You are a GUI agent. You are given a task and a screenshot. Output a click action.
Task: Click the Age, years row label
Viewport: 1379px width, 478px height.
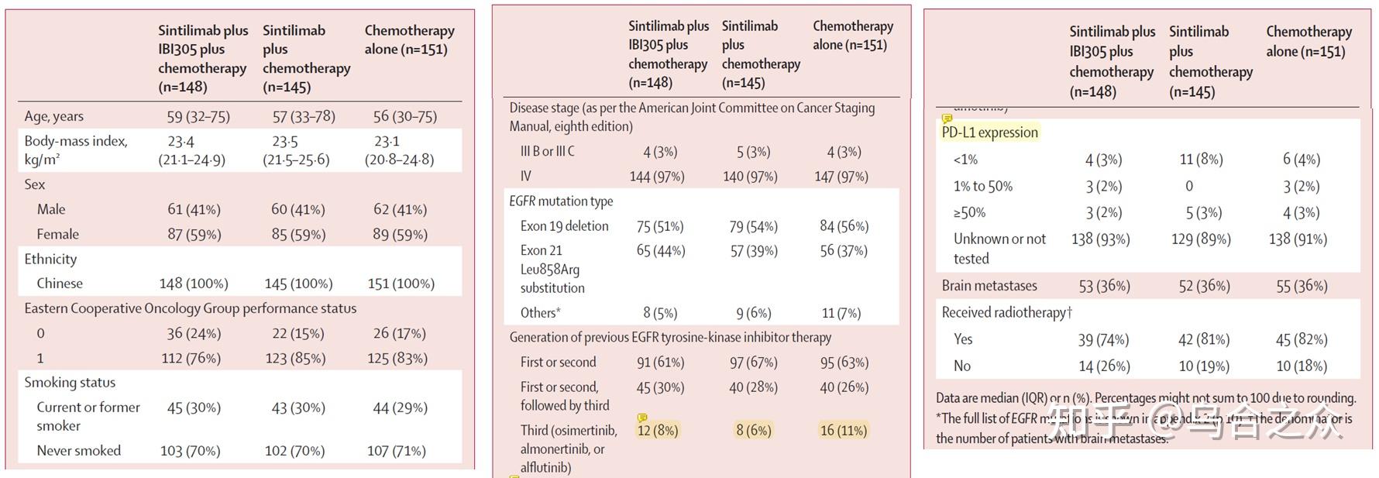53,116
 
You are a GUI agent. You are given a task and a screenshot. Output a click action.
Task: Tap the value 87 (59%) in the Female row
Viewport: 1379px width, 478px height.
194,234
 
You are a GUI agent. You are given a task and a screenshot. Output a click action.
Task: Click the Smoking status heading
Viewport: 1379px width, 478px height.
70,383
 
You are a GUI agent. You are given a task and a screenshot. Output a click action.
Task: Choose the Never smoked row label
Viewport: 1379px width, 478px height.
78,451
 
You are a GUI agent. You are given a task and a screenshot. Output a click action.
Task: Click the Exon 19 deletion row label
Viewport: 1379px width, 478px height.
564,226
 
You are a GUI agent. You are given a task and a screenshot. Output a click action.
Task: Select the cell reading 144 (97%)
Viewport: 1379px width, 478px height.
657,177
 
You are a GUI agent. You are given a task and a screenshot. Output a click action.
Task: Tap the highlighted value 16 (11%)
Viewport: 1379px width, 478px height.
844,430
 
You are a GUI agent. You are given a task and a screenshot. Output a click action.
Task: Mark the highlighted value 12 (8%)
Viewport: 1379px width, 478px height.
658,430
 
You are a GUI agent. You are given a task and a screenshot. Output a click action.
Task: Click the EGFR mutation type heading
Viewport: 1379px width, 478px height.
561,201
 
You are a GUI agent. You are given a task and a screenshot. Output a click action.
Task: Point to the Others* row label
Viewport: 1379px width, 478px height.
540,313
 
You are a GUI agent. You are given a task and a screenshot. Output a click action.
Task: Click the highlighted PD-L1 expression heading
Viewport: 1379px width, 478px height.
989,132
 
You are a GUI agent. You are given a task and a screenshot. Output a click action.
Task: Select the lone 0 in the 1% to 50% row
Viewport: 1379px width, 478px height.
1189,186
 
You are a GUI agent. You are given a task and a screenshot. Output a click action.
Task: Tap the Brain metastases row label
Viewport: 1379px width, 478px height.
989,286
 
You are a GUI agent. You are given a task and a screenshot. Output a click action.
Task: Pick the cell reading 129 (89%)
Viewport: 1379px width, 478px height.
1201,239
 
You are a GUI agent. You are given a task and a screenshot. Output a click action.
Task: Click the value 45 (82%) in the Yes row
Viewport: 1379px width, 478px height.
1302,339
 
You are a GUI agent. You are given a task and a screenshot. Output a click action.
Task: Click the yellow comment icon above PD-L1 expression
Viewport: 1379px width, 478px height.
947,119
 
